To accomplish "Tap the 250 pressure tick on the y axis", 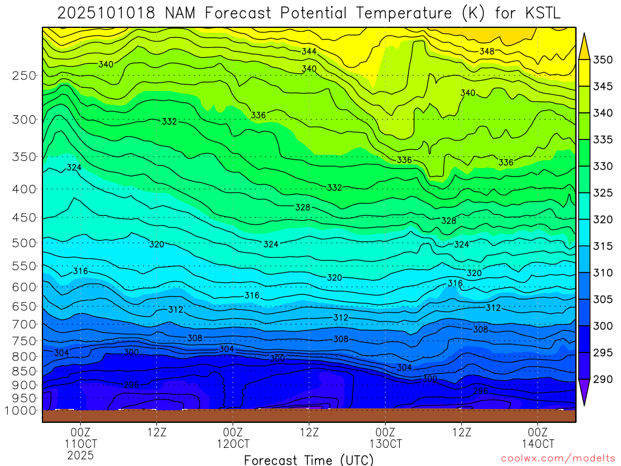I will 24,76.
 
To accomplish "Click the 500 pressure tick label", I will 24,243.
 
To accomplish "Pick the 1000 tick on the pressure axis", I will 21,411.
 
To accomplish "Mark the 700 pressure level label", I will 24,325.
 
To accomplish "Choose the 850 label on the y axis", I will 24,371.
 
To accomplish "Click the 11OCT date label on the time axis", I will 81,444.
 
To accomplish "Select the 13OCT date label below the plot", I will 385,444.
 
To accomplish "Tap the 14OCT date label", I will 538,444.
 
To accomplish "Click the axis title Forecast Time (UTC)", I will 309,459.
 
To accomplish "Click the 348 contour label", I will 486,52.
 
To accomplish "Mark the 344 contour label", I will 309,52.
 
